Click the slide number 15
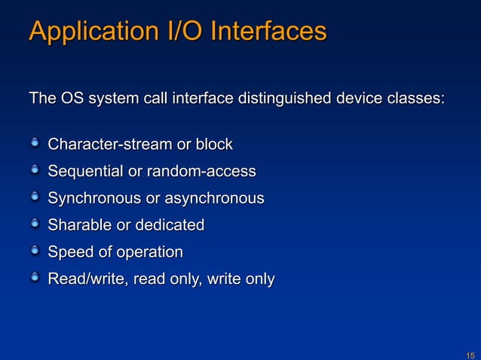(470, 354)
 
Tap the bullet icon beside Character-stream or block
(35, 142)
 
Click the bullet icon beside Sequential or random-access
(35, 169)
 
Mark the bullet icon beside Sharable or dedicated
(35, 224)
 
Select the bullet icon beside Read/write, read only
(35, 278)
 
